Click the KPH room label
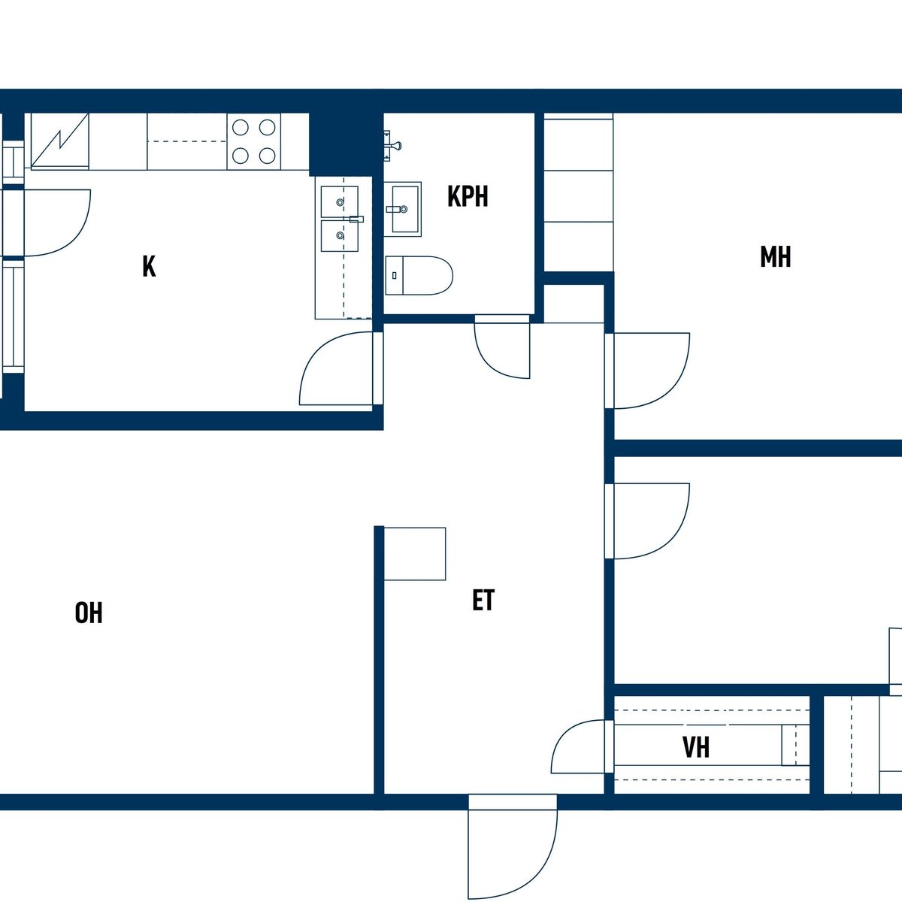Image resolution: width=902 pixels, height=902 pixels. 468,196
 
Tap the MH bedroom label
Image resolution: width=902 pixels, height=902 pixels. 776,257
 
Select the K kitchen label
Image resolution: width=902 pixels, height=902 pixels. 149,267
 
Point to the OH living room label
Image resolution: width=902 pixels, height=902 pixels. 89,613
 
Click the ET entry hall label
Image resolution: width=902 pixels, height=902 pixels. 483,601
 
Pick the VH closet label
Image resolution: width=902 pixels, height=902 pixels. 696,747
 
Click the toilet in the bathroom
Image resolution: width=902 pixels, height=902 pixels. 419,275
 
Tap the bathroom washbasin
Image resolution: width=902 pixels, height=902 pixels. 403,209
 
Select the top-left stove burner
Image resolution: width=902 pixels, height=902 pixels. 240,127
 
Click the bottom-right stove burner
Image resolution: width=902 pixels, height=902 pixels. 268,156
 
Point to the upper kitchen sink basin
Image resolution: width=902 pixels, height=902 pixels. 340,201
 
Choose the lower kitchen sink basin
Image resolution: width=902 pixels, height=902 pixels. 340,236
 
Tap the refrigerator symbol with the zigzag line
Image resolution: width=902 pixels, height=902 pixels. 60,141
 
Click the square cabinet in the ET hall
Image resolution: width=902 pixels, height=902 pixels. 415,554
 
